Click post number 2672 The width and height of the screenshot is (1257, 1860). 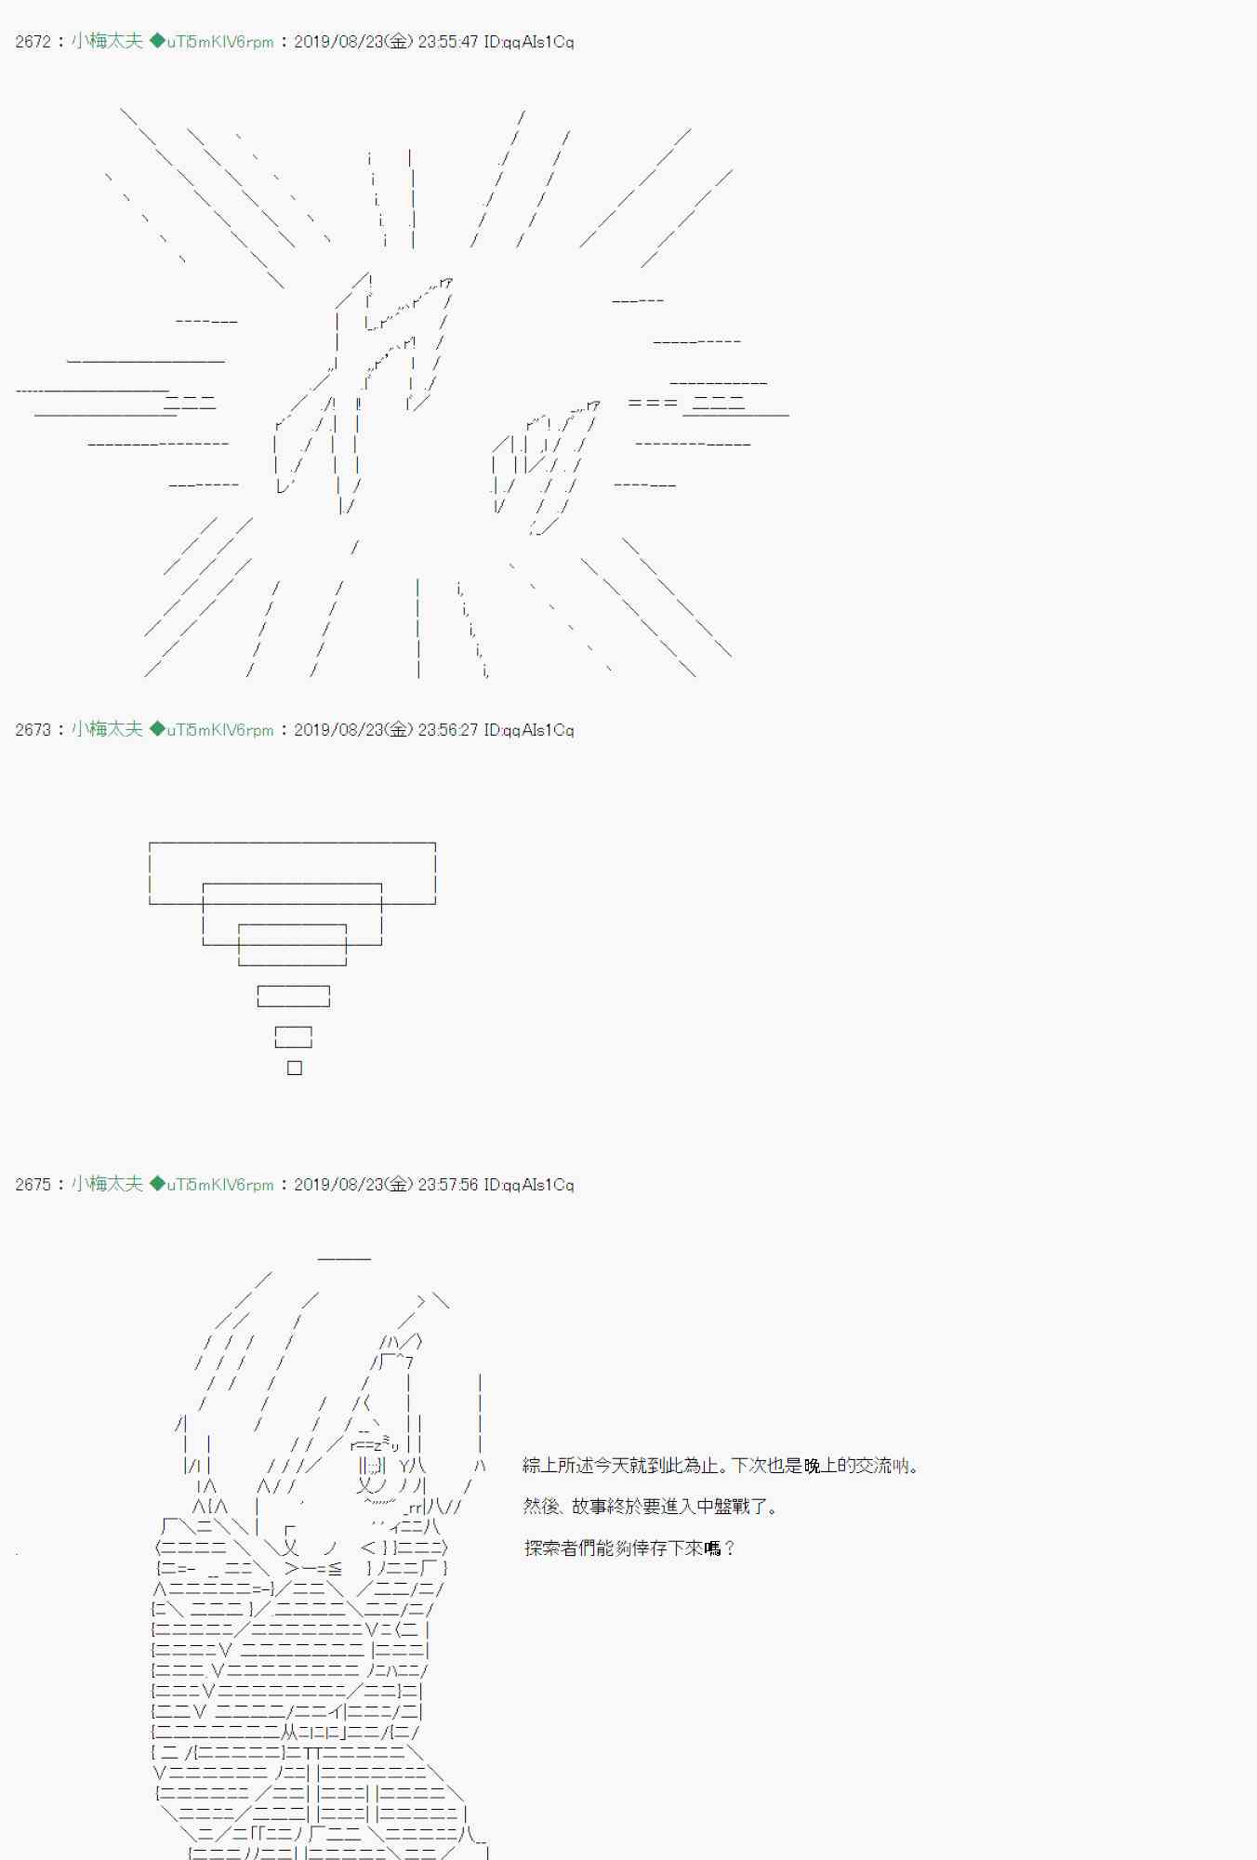pos(33,42)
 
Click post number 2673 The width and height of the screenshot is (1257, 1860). pos(33,730)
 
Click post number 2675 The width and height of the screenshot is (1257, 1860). pos(33,1185)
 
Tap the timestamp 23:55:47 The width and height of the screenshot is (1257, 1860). pos(448,42)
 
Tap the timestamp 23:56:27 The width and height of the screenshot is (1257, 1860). pos(448,730)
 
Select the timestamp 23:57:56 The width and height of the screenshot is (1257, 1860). pos(448,1185)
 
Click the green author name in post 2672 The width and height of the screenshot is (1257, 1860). pos(107,41)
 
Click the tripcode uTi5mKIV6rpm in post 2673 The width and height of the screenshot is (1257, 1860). pos(220,730)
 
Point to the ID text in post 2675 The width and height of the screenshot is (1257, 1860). pos(529,1185)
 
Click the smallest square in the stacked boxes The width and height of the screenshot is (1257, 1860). pos(295,1068)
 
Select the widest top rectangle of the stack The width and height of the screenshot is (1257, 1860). pos(292,844)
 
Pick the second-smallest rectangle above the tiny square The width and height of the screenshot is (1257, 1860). pos(294,1028)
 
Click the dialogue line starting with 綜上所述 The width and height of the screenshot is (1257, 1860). pos(721,1466)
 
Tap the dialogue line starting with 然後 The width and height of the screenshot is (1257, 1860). pos(650,1507)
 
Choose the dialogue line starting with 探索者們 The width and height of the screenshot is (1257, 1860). pos(628,1548)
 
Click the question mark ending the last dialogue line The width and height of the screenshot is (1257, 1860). pos(729,1548)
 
